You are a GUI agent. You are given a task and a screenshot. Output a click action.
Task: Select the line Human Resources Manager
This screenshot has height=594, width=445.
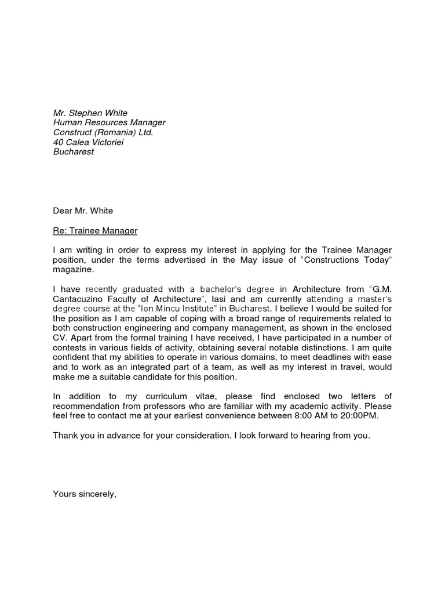pyautogui.click(x=109, y=123)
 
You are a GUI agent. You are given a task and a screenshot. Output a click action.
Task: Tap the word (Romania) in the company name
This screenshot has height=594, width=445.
pyautogui.click(x=114, y=133)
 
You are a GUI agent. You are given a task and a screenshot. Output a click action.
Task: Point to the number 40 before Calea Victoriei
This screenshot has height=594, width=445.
pyautogui.click(x=58, y=143)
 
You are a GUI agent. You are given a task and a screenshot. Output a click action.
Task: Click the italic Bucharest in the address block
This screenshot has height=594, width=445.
pyautogui.click(x=73, y=153)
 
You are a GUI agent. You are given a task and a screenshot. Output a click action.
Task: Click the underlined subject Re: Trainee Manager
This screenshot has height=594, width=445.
pyautogui.click(x=95, y=231)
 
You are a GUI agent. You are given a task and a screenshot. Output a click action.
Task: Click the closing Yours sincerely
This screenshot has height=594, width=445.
pyautogui.click(x=85, y=495)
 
